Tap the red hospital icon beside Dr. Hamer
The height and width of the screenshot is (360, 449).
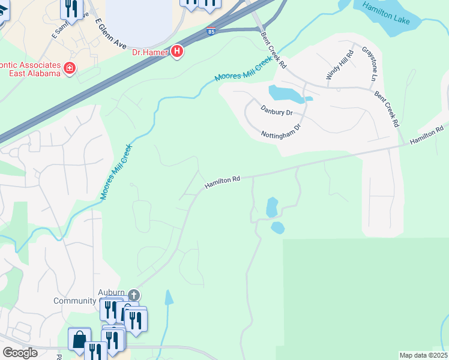[177, 52]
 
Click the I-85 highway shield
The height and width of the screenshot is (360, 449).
[210, 31]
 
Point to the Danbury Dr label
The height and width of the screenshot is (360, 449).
[276, 110]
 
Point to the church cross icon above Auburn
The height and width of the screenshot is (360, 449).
[134, 295]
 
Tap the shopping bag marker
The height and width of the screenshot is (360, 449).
[79, 340]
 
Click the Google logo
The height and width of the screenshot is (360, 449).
[20, 353]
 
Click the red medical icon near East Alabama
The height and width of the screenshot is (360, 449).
[70, 68]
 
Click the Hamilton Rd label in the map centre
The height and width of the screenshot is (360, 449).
[222, 182]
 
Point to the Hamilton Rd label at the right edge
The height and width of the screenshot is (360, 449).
[427, 134]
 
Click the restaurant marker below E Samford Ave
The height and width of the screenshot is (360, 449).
[72, 10]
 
